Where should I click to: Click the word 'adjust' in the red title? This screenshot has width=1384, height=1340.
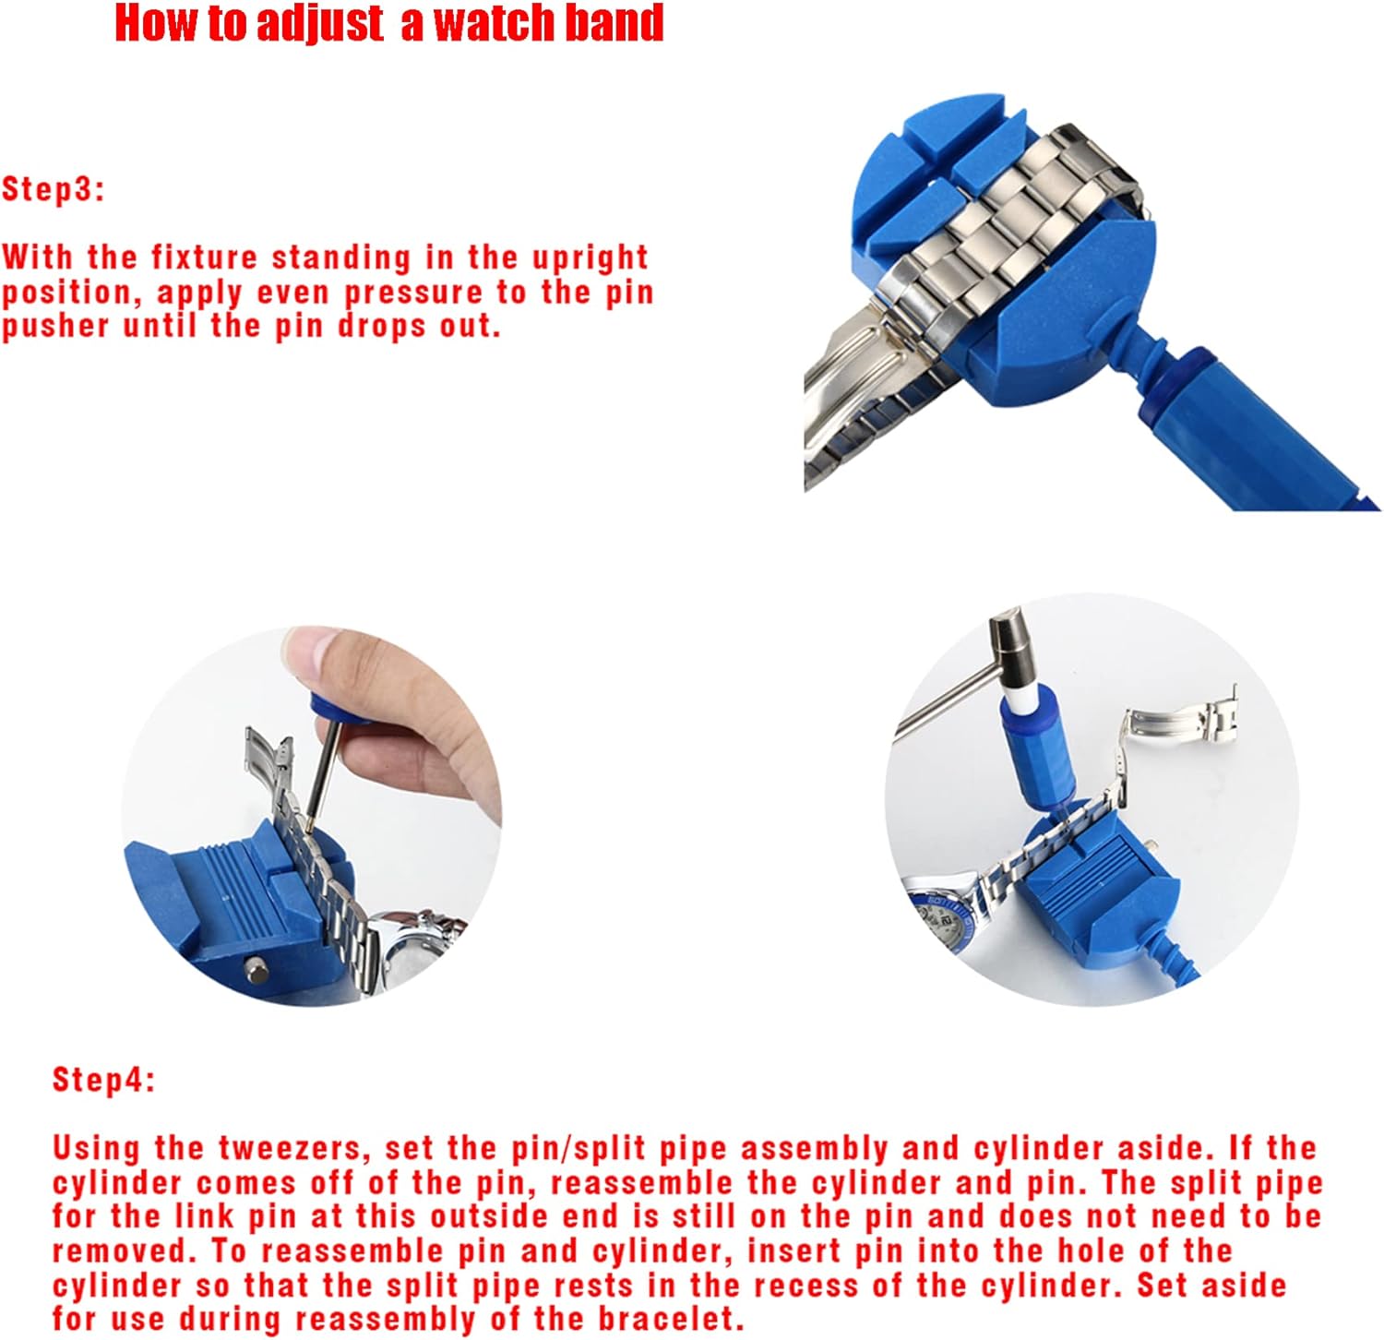(319, 23)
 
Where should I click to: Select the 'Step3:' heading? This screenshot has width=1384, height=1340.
(54, 189)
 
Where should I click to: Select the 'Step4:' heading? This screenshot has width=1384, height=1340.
(103, 1079)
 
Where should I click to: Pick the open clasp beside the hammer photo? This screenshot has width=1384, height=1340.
(1181, 720)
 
